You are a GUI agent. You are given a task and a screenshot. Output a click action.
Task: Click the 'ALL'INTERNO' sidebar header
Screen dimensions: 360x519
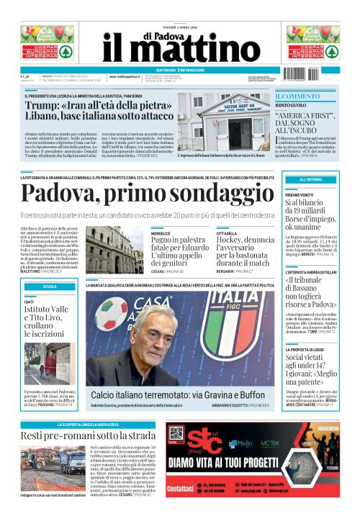310,179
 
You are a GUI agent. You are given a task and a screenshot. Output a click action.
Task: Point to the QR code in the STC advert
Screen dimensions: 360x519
176,434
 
